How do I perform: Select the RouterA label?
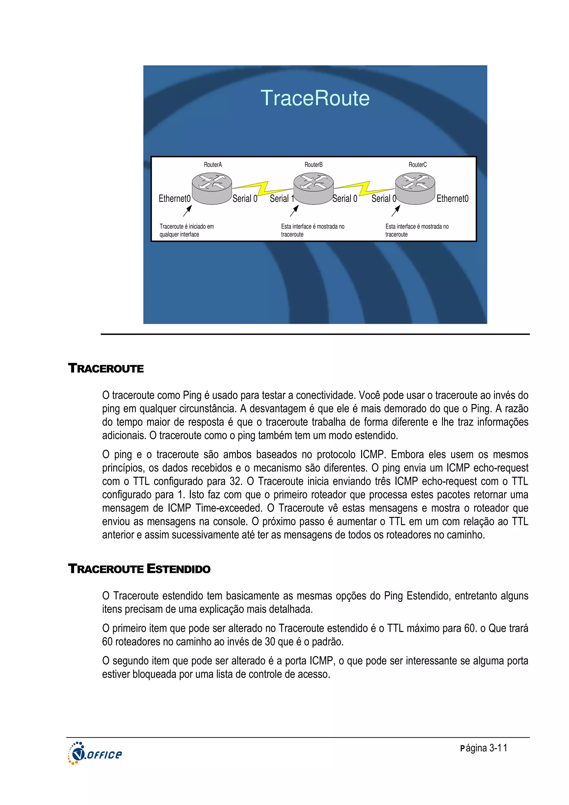[213, 165]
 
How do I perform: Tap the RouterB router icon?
[313, 188]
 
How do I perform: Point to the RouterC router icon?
[415, 188]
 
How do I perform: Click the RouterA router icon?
[212, 188]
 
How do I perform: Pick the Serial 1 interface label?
[281, 198]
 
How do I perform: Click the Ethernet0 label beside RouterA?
[174, 198]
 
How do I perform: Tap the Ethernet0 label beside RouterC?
[452, 198]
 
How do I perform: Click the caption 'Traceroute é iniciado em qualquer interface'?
[186, 230]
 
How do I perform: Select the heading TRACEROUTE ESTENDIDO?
[139, 569]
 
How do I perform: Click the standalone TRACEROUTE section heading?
[106, 368]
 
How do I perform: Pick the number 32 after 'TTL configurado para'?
[236, 481]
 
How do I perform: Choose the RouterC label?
[417, 165]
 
